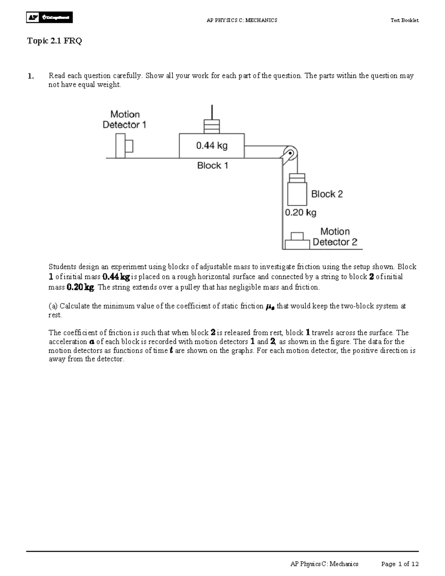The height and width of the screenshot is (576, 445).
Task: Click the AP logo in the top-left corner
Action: click(49, 17)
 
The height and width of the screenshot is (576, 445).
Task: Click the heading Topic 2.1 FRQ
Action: click(54, 41)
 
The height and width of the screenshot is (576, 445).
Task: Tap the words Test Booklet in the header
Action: click(404, 20)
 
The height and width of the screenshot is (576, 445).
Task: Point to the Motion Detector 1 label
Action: click(125, 119)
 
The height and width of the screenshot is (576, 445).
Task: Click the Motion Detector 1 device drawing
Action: click(124, 146)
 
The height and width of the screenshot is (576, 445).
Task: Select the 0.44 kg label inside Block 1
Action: click(212, 146)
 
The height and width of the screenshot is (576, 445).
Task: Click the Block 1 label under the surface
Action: click(212, 165)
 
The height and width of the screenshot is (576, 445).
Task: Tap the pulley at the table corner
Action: click(289, 153)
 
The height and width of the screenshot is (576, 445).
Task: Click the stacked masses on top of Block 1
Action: click(212, 126)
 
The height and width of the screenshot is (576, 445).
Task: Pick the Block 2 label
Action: click(327, 194)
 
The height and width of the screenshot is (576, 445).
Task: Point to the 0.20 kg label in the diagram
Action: click(300, 213)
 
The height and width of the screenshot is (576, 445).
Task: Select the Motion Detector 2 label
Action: click(335, 237)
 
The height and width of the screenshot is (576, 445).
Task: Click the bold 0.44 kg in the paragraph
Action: click(116, 277)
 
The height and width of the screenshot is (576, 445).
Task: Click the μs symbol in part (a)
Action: click(270, 307)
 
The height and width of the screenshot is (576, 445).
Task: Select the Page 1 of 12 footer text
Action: click(400, 564)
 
